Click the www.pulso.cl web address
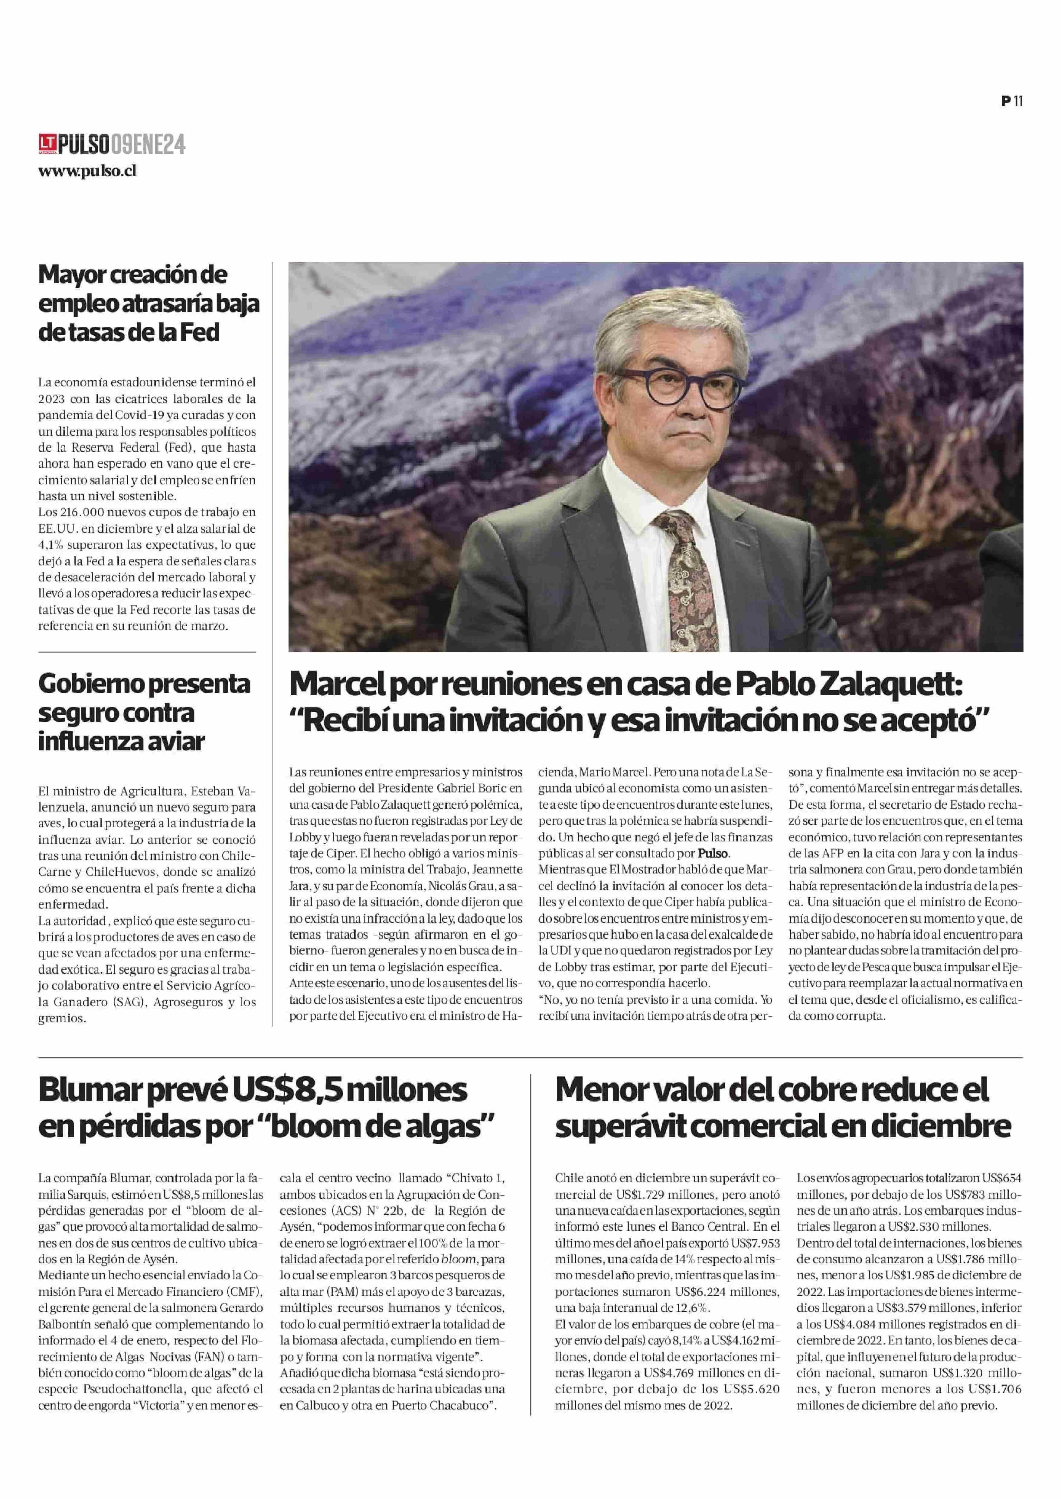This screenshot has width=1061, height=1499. pos(87,171)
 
